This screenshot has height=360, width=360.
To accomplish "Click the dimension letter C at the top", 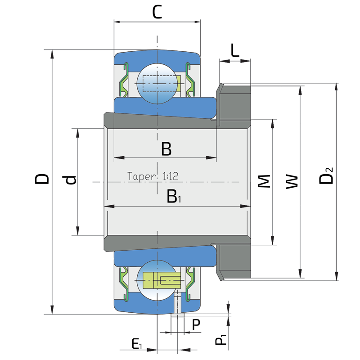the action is (157, 12).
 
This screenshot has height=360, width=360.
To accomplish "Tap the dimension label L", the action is (234, 50).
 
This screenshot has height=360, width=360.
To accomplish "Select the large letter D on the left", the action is (42, 179).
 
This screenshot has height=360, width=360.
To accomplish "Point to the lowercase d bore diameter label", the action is (71, 180).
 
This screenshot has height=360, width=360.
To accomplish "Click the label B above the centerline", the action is (166, 149).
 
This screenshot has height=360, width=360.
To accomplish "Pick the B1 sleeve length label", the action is (174, 196).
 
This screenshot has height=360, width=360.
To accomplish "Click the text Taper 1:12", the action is (153, 176).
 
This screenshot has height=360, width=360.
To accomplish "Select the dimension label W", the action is (292, 182).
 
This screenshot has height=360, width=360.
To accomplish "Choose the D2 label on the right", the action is (326, 176).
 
